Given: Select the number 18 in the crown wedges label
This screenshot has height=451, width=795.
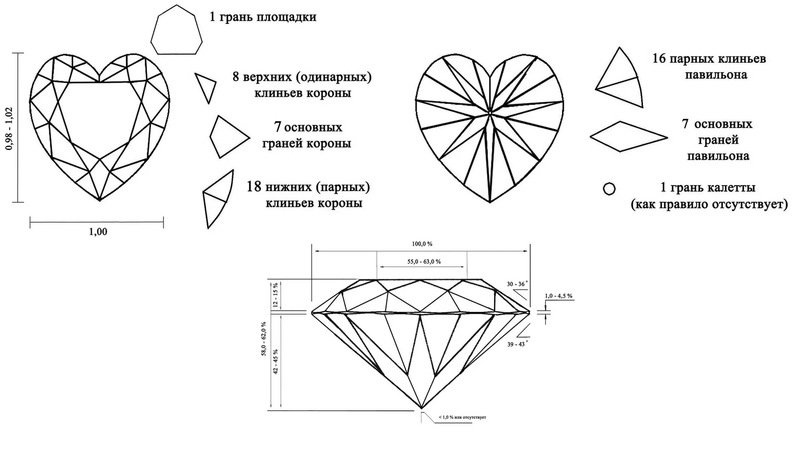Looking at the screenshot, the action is pyautogui.click(x=254, y=187).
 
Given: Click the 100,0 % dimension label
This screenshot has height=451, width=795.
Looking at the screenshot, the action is pyautogui.click(x=422, y=244).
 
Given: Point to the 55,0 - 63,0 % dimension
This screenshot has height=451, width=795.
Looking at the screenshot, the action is pyautogui.click(x=424, y=262).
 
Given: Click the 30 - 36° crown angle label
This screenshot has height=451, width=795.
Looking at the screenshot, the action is pyautogui.click(x=517, y=284).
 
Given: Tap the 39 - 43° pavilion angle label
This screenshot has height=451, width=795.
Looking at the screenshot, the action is pyautogui.click(x=517, y=344).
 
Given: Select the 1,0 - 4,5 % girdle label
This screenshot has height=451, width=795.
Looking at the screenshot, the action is pyautogui.click(x=558, y=296).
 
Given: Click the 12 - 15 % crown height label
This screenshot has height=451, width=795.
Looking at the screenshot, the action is pyautogui.click(x=275, y=295).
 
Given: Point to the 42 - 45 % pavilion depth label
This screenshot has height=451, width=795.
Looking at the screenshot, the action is pyautogui.click(x=275, y=361).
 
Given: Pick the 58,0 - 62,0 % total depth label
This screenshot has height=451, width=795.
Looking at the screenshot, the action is pyautogui.click(x=264, y=339).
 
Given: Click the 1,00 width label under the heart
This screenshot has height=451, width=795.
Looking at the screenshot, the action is pyautogui.click(x=98, y=232).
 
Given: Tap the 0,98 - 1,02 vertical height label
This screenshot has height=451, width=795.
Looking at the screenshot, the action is pyautogui.click(x=9, y=129).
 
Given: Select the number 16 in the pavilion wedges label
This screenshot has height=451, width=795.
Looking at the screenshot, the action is pyautogui.click(x=659, y=59).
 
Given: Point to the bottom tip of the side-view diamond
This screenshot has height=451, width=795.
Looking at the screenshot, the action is pyautogui.click(x=421, y=408).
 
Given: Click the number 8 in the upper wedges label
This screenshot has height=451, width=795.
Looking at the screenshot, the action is pyautogui.click(x=236, y=77).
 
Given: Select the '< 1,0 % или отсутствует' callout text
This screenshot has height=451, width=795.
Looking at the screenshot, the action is pyautogui.click(x=463, y=417).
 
